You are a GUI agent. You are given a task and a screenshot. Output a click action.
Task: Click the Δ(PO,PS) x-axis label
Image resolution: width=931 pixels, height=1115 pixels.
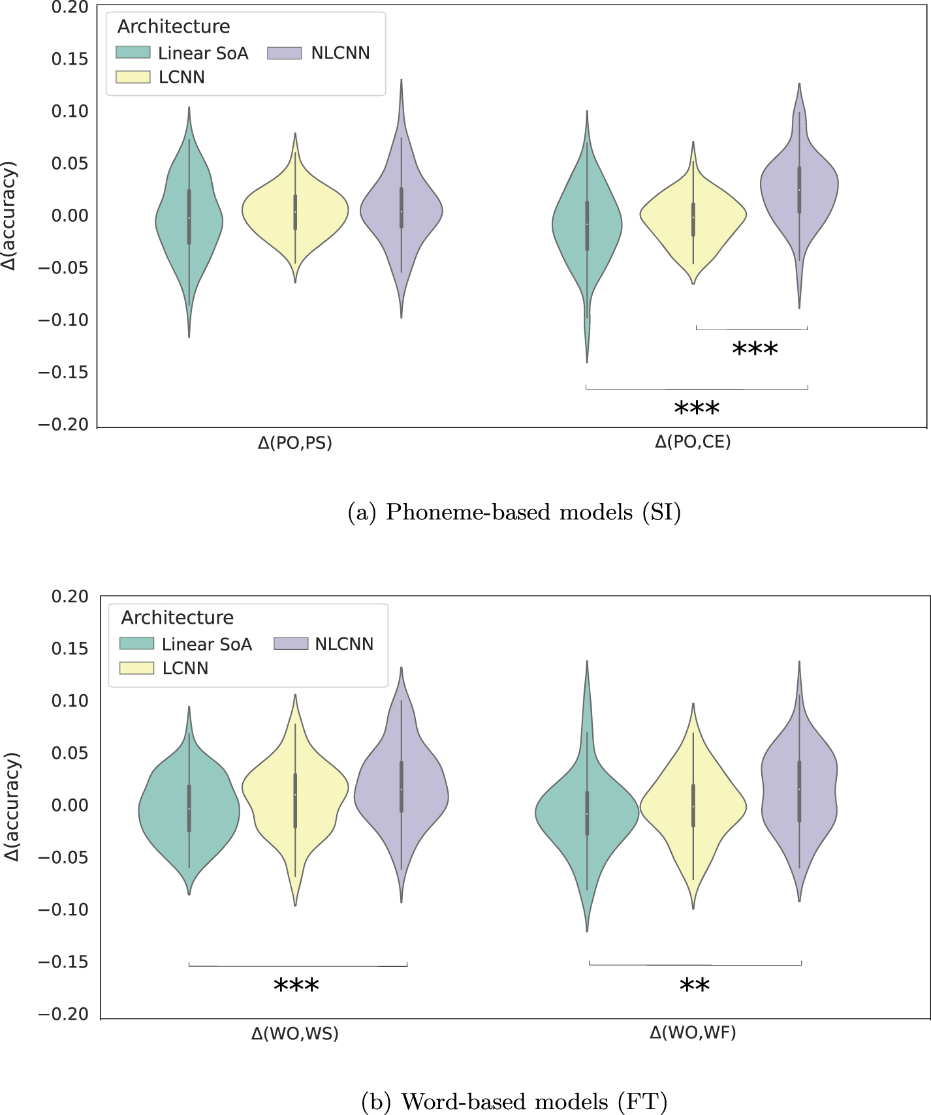(294, 443)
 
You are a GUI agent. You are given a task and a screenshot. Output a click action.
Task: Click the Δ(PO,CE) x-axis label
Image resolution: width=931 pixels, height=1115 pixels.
(693, 442)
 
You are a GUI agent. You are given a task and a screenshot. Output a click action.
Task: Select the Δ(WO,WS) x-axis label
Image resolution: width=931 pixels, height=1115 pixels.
(294, 1034)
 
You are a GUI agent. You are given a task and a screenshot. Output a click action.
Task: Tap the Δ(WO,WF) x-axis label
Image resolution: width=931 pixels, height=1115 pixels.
(693, 1032)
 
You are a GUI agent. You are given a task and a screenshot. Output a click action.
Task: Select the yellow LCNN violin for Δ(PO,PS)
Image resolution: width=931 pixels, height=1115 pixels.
(295, 212)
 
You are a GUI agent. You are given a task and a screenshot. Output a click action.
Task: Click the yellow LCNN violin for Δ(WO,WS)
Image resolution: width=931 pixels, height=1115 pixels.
(295, 793)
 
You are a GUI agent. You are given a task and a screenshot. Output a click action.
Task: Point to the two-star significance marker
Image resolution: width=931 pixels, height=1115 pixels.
(694, 986)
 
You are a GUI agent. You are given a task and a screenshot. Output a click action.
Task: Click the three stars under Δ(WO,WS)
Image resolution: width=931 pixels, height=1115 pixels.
(296, 986)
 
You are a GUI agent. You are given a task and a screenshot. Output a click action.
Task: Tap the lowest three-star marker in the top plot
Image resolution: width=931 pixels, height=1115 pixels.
(697, 409)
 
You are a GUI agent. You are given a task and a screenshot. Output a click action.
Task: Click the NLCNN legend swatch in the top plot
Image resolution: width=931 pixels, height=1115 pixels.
(284, 53)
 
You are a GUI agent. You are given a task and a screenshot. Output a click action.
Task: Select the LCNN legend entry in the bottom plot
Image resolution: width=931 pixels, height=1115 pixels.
(185, 668)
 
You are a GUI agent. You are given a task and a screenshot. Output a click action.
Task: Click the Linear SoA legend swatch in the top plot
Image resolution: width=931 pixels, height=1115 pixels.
(133, 53)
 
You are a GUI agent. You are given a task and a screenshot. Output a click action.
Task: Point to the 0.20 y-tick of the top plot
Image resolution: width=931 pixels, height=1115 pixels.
(69, 7)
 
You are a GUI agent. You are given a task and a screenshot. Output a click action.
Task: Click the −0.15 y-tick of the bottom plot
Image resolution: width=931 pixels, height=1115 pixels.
(63, 962)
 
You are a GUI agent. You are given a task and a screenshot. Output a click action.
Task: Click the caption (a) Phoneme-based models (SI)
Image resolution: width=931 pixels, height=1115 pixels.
(514, 513)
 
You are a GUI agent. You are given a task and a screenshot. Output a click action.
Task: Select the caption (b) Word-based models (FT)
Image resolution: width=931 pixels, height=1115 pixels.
(514, 1102)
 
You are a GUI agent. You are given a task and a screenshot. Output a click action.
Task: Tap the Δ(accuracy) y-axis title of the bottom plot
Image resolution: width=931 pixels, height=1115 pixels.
(12, 806)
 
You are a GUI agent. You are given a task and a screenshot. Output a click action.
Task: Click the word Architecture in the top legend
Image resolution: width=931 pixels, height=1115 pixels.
(174, 27)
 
